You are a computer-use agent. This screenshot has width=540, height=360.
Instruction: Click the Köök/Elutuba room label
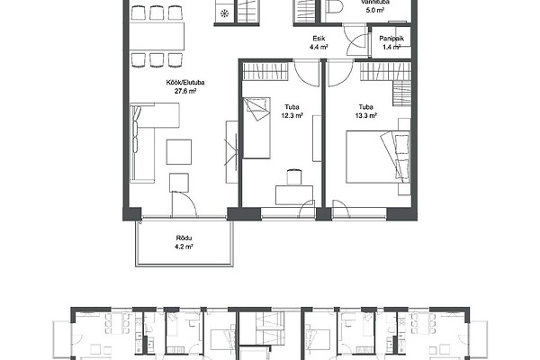[x=185, y=83]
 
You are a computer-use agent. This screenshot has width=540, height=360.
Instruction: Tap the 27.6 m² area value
[x=185, y=91]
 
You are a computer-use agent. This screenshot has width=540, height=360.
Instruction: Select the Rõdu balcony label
[x=184, y=238]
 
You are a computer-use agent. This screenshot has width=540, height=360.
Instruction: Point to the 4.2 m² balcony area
[x=184, y=247]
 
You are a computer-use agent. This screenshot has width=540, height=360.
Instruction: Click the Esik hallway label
[x=319, y=39]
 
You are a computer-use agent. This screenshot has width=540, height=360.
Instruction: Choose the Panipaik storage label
[x=391, y=39]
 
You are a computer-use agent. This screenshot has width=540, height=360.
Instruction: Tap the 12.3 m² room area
[x=292, y=116]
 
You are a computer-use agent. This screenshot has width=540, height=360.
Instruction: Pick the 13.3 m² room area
[x=365, y=116]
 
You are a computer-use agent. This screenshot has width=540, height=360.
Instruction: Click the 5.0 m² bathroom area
[x=375, y=10]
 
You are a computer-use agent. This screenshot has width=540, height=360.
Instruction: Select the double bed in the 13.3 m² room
[x=378, y=157]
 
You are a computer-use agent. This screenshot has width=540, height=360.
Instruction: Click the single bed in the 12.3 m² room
[x=256, y=128]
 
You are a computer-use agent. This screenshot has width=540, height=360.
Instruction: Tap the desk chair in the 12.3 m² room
[x=293, y=175]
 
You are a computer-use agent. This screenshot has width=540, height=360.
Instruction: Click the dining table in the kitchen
[x=157, y=36]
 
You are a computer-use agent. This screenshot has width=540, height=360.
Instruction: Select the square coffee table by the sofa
[x=179, y=152]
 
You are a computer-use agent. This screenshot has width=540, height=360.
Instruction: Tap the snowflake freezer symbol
[x=224, y=13]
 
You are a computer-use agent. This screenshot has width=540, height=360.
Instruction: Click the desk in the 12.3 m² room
[x=294, y=195]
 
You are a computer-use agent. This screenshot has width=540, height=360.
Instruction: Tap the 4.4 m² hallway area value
[x=319, y=47]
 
